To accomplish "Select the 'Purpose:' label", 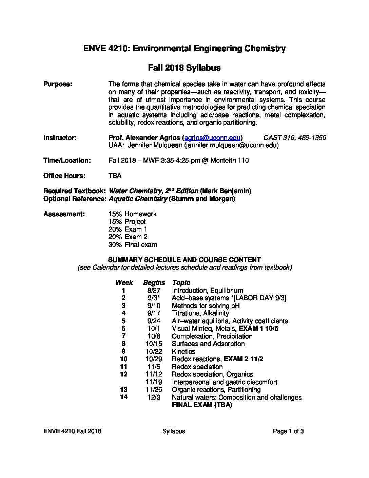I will (58, 84).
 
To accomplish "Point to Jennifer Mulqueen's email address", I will (231, 145).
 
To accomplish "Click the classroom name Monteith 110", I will (230, 160).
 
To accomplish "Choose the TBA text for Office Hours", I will (115, 176).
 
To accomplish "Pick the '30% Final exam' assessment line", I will (133, 244).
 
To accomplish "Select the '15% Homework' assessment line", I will (133, 214).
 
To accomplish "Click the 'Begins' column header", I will (154, 282).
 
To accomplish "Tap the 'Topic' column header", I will (181, 282).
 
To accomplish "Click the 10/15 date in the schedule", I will (154, 344).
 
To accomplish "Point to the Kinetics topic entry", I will (183, 351).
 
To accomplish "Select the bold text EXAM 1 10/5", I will (259, 328).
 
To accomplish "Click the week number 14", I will (124, 397).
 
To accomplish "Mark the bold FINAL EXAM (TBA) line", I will (202, 405).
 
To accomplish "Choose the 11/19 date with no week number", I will (154, 382).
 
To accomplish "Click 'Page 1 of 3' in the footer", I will (288, 431).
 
